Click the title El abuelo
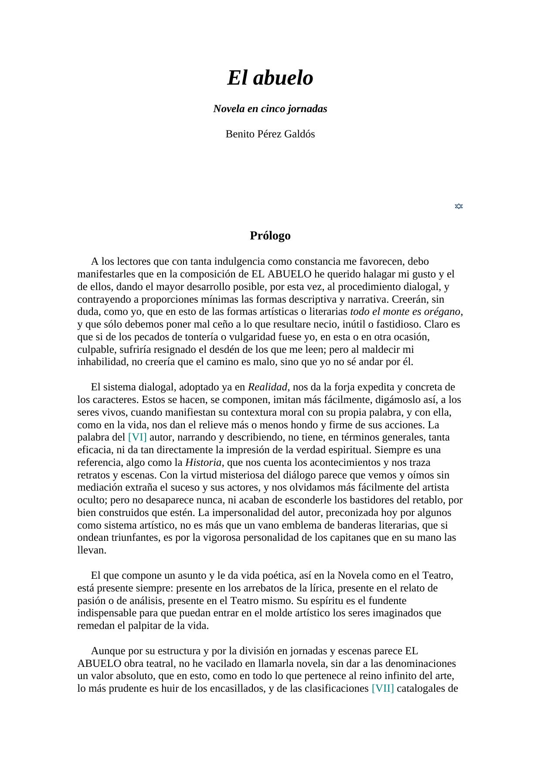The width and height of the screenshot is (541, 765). pyautogui.click(x=270, y=78)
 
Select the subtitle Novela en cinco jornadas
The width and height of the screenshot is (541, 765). pyautogui.click(x=270, y=109)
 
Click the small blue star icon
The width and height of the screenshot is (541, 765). pyautogui.click(x=459, y=206)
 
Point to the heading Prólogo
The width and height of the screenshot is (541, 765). pyautogui.click(x=270, y=236)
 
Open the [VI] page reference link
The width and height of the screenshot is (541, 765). pyautogui.click(x=137, y=437)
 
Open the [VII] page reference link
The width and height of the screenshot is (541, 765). pyautogui.click(x=383, y=688)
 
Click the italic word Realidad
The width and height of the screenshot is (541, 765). pyautogui.click(x=267, y=387)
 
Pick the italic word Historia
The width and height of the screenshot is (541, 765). pyautogui.click(x=203, y=462)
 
